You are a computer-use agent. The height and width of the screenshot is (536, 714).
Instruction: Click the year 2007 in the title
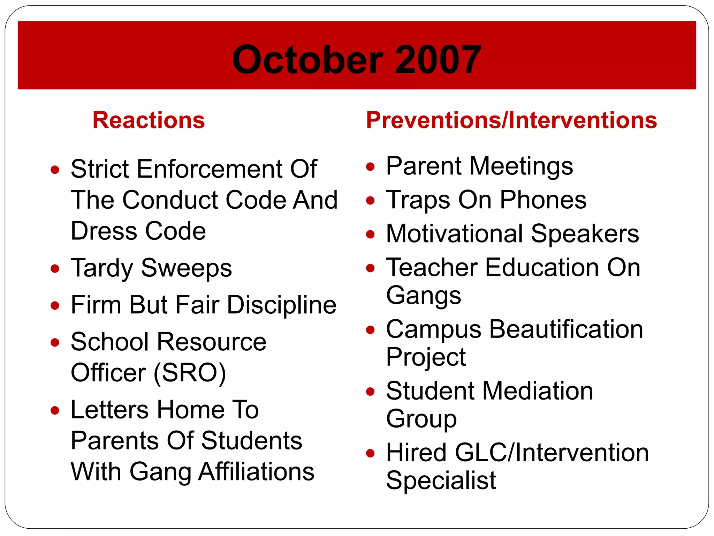coord(438,60)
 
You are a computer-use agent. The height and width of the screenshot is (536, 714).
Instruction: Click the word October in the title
coord(308,60)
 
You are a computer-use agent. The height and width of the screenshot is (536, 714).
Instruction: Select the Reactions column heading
coord(149,120)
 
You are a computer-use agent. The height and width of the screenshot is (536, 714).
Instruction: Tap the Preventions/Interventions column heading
coord(511,120)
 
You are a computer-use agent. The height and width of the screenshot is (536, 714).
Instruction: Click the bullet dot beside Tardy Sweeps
coord(55,269)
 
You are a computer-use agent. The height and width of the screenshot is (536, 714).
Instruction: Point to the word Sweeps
coord(187,268)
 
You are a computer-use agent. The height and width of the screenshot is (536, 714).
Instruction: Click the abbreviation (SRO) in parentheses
coord(190,373)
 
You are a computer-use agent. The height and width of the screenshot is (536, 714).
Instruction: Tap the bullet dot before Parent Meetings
coord(370,166)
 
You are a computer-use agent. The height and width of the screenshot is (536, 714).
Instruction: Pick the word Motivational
coord(455,233)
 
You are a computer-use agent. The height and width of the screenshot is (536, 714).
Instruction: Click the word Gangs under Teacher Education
coord(424,296)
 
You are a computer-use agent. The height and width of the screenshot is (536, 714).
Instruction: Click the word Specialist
coord(441,481)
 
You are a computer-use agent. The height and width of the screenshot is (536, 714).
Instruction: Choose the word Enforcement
coord(210,169)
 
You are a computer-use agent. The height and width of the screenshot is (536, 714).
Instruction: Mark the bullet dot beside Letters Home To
coord(55,410)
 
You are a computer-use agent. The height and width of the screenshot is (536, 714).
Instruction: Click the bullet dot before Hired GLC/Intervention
coord(370,453)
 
